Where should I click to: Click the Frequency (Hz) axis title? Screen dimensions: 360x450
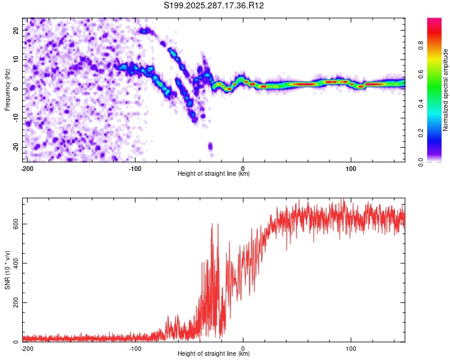coord(7,89)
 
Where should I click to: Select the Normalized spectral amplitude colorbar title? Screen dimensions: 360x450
coord(445,89)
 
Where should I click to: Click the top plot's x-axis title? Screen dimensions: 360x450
coord(214,173)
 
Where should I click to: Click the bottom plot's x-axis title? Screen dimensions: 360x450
coord(214,353)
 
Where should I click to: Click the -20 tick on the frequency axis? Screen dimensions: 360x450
coord(16,147)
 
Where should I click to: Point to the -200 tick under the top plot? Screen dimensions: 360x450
coord(27,167)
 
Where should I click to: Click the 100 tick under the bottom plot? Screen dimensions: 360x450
coord(351,347)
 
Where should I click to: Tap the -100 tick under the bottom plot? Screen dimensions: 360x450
coord(135,347)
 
